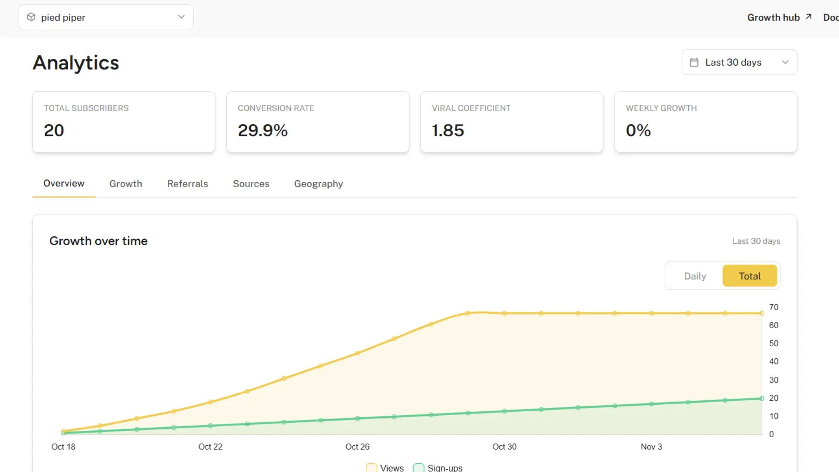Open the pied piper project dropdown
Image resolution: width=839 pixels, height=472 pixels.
click(106, 17)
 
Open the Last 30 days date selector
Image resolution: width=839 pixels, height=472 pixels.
click(739, 62)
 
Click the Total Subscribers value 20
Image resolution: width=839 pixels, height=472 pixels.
click(54, 130)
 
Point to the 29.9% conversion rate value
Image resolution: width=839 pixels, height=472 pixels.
click(263, 130)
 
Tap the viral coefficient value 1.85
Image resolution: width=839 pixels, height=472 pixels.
click(447, 130)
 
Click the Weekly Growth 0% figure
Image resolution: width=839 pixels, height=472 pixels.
click(638, 130)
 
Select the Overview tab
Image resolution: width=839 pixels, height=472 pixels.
click(64, 184)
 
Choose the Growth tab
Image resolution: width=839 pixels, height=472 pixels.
click(125, 184)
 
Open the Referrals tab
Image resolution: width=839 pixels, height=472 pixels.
click(187, 184)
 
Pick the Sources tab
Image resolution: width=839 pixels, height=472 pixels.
click(251, 184)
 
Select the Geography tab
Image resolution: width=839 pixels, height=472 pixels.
click(318, 184)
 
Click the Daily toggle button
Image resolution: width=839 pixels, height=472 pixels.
click(695, 276)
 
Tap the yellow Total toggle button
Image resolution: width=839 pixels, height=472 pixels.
click(749, 276)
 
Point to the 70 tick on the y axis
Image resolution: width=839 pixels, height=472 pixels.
click(773, 307)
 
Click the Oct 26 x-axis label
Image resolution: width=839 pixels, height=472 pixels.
click(357, 447)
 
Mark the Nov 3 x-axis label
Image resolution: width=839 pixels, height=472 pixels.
click(651, 447)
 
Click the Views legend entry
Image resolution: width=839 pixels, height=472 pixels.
click(385, 468)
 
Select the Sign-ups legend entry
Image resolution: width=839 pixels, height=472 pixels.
click(438, 468)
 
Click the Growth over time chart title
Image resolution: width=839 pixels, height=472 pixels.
click(98, 241)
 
